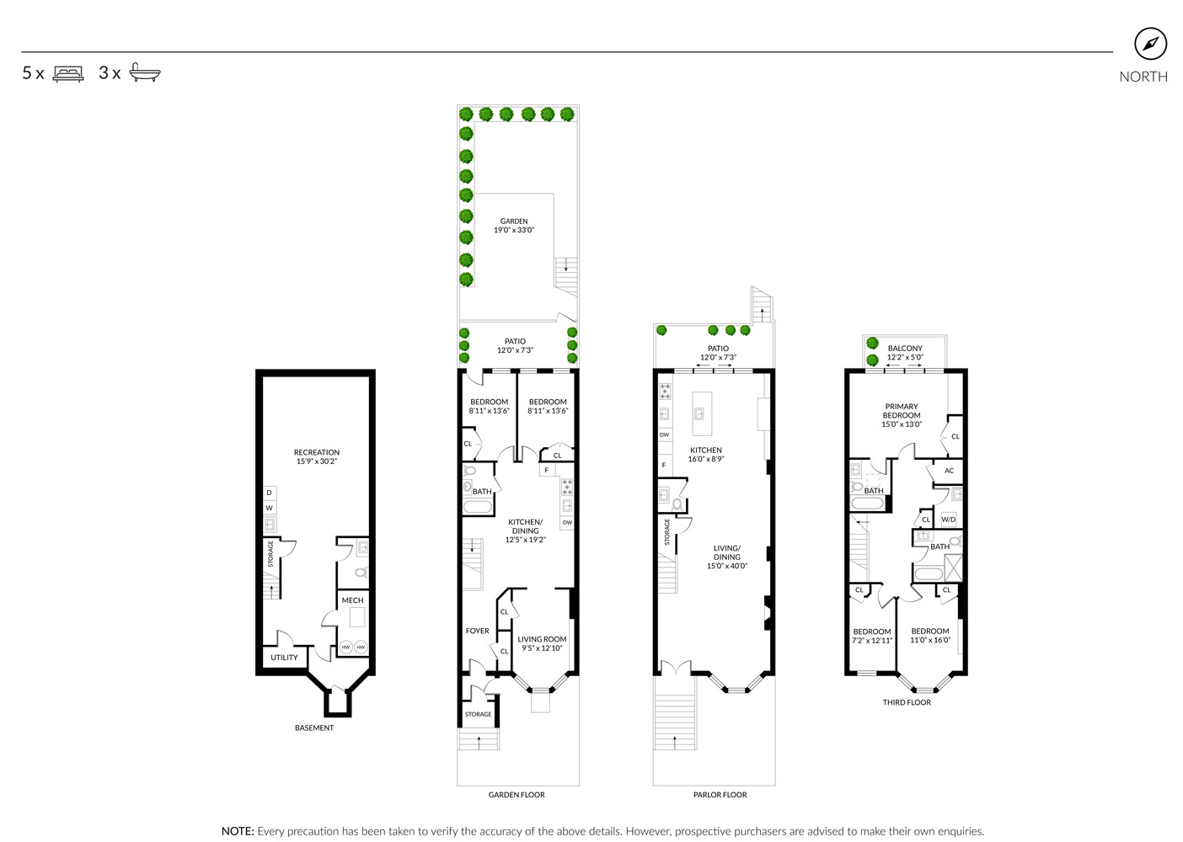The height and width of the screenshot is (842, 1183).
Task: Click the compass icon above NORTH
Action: tap(1150, 44)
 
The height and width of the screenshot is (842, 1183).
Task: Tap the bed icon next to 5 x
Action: tap(68, 73)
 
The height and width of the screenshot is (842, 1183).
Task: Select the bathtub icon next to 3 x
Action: tap(145, 73)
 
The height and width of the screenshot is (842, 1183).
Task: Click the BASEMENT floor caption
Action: tap(314, 727)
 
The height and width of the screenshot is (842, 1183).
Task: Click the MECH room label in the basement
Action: tap(352, 600)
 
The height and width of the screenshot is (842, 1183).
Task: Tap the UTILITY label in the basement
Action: tap(284, 658)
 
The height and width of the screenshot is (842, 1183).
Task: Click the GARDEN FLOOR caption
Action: tap(517, 795)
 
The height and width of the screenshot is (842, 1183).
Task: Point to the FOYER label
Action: tap(477, 631)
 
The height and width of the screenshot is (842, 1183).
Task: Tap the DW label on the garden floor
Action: tap(567, 523)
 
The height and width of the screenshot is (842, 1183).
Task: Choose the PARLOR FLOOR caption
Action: tap(720, 795)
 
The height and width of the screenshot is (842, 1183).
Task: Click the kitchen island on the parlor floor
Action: tap(702, 413)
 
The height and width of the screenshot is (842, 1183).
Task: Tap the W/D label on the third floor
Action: tap(949, 520)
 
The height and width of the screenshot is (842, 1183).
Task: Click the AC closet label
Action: tap(949, 471)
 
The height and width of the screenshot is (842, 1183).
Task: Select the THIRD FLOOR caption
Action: tap(907, 702)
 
